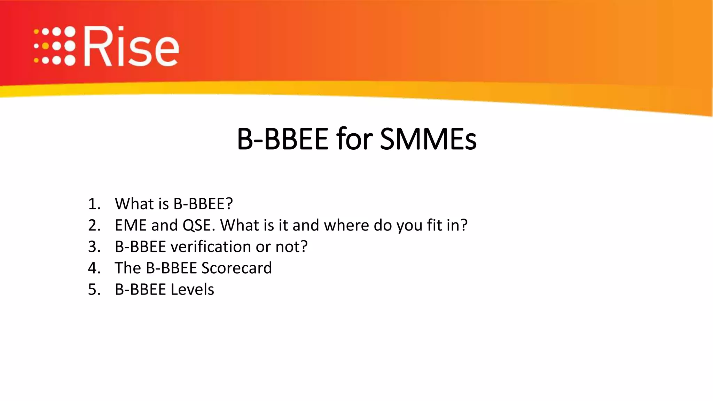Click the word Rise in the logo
[x=132, y=47]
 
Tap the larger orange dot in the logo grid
[x=45, y=46]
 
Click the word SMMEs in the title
[x=428, y=139]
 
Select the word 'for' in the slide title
[x=354, y=139]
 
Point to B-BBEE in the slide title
[x=282, y=139]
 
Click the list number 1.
[x=94, y=204]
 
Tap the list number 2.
[x=94, y=226]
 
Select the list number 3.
[x=94, y=247]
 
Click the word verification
[x=211, y=247]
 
